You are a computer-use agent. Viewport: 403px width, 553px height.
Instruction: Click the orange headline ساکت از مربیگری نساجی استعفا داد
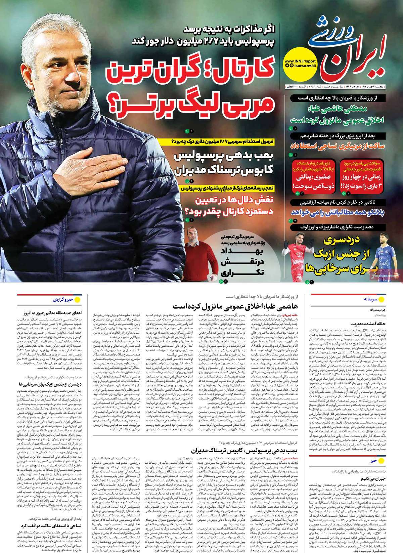[x=343, y=147]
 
